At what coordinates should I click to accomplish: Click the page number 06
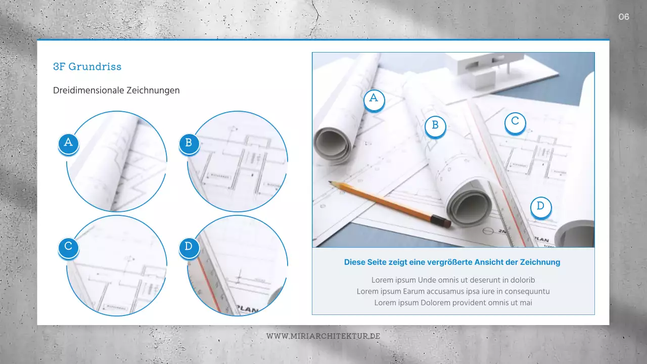pyautogui.click(x=624, y=17)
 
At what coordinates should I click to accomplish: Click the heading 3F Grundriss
pyautogui.click(x=87, y=66)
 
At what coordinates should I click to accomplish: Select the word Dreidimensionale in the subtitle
pyautogui.click(x=82, y=90)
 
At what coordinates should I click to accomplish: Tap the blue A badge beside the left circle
pyautogui.click(x=68, y=143)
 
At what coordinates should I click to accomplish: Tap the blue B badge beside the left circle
pyautogui.click(x=189, y=143)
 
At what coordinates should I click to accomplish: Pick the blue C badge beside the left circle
pyautogui.click(x=68, y=247)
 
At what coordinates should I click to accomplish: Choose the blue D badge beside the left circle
pyautogui.click(x=189, y=247)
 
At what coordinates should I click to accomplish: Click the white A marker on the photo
pyautogui.click(x=374, y=99)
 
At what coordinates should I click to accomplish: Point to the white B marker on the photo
pyautogui.click(x=435, y=125)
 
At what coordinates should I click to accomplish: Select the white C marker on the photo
pyautogui.click(x=515, y=121)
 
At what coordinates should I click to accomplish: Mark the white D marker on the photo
pyautogui.click(x=540, y=206)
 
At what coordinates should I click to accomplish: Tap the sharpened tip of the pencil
pyautogui.click(x=330, y=182)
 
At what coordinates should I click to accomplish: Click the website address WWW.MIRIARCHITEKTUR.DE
pyautogui.click(x=323, y=336)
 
